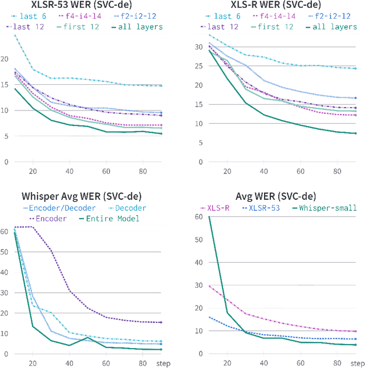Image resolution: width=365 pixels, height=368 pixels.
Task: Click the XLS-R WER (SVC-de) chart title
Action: (x=272, y=5)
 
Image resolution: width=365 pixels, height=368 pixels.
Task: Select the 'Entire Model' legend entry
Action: (x=110, y=218)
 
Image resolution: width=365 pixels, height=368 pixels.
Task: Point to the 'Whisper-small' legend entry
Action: (x=327, y=208)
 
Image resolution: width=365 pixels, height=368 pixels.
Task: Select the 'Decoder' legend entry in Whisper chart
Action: (x=131, y=208)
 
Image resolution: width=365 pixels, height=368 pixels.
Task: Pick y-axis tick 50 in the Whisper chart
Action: (x=5, y=252)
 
